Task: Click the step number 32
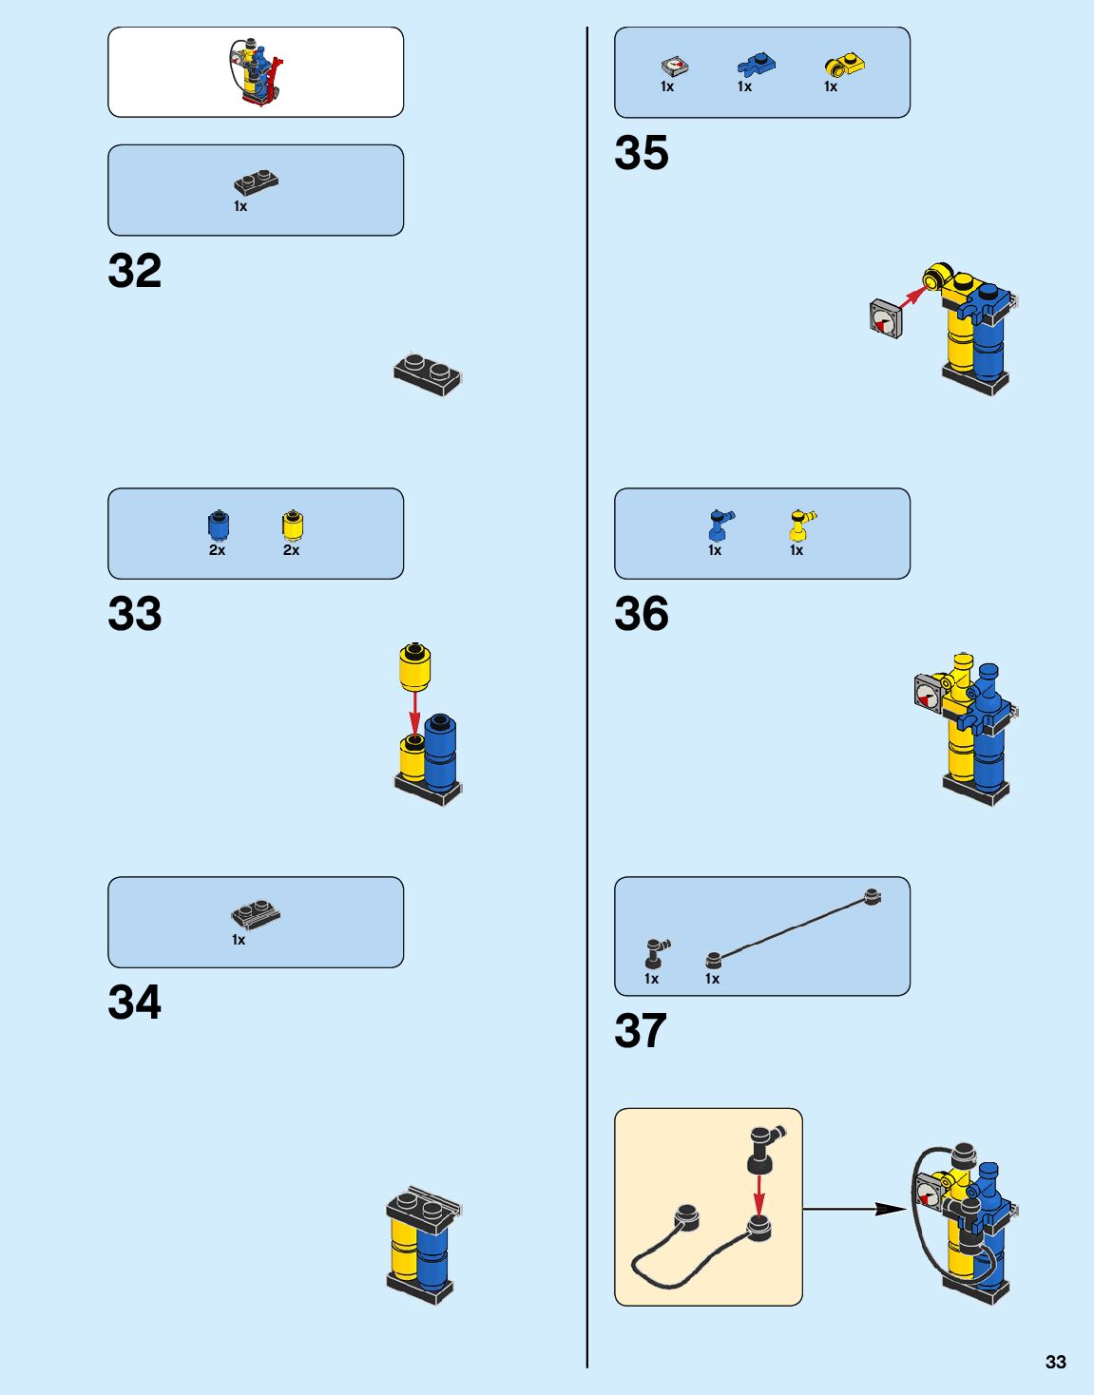coord(135,271)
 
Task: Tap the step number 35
coord(642,153)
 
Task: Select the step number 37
coord(641,1031)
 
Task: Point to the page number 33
coord(1055,1362)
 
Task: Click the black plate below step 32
coord(428,373)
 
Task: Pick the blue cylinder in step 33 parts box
coord(218,525)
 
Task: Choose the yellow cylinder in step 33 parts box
coord(292,525)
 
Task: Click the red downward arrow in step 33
coord(414,714)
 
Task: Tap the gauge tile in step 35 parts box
coord(674,66)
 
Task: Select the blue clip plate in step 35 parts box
coord(756,65)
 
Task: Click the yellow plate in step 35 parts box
coord(844,65)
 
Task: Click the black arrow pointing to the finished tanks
coord(855,1209)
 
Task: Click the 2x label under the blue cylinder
coord(217,550)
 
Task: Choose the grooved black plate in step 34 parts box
coord(256,914)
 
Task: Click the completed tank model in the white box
coord(256,71)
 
